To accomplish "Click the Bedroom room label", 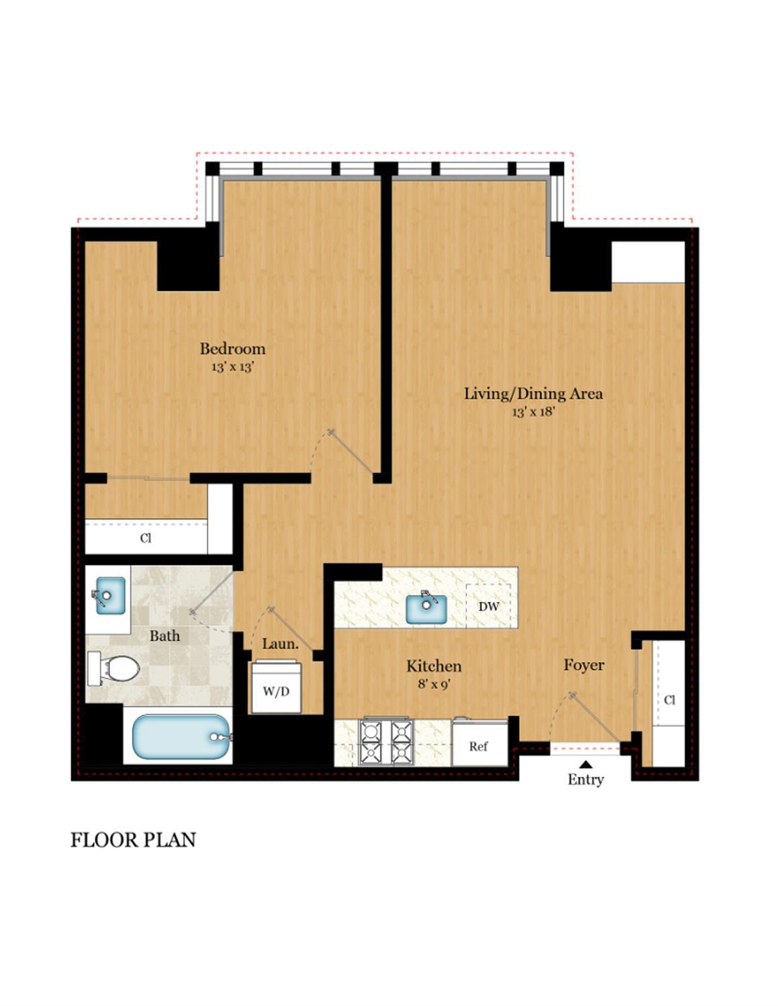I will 232,349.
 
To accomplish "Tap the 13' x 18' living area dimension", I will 533,411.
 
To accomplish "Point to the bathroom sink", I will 110,595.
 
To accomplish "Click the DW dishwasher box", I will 489,607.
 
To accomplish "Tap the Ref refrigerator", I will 479,746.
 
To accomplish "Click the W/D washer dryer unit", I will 277,691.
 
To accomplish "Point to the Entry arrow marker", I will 585,764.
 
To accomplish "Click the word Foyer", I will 583,665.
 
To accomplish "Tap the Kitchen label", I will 434,666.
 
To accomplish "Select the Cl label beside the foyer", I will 669,700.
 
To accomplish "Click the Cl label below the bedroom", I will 146,538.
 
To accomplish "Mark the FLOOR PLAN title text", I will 133,840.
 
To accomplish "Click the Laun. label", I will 280,644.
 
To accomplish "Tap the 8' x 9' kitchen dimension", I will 434,685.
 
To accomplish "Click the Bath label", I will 164,636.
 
